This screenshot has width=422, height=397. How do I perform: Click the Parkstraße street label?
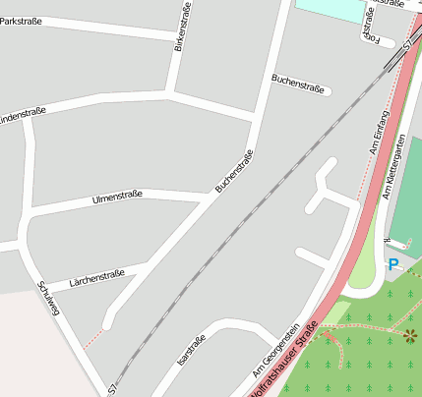click(x=21, y=21)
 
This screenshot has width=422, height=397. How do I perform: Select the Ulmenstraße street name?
click(x=117, y=196)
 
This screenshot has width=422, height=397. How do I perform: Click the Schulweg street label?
click(x=48, y=298)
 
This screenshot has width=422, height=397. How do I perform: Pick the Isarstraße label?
click(x=191, y=351)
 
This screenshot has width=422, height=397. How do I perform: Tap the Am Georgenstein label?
click(x=281, y=344)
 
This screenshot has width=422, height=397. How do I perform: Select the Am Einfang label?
click(x=379, y=132)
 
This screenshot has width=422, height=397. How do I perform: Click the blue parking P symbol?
click(x=393, y=264)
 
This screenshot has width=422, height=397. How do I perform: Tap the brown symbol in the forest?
click(x=409, y=336)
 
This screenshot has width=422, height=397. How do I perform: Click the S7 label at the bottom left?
click(x=113, y=389)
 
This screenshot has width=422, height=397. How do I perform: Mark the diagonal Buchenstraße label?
click(x=234, y=169)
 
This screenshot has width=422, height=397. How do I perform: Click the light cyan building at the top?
click(x=333, y=10)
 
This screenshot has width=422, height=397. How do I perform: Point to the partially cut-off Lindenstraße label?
click(x=21, y=118)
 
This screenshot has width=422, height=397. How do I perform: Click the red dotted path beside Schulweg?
click(x=90, y=340)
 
